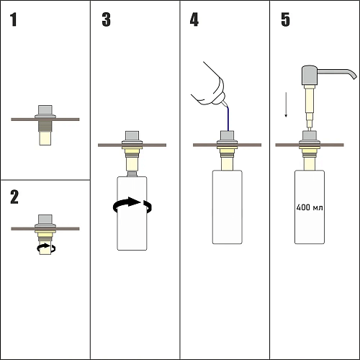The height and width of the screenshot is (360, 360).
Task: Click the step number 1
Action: pos(14,19)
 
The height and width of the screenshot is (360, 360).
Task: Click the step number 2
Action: pos(14,197)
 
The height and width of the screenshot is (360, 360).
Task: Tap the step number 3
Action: pos(107,19)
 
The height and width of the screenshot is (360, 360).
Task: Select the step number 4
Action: pos(194,19)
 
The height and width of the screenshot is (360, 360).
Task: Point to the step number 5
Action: pos(285,19)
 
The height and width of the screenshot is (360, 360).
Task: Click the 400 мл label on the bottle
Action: pos(310,207)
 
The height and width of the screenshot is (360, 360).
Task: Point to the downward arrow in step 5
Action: pos(286,105)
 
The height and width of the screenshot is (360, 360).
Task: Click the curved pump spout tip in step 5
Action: pos(354,76)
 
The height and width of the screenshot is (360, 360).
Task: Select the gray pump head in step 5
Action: pos(310,75)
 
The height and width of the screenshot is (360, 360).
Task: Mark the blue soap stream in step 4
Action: pos(228,119)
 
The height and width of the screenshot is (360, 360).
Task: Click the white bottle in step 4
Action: pos(227,207)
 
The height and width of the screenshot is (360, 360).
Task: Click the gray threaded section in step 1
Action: pos(45,126)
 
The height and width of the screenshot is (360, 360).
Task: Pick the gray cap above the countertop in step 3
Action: pos(132,138)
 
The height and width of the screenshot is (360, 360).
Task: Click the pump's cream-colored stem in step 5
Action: pos(309,107)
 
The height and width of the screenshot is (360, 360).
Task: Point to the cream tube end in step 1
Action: pos(45,138)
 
